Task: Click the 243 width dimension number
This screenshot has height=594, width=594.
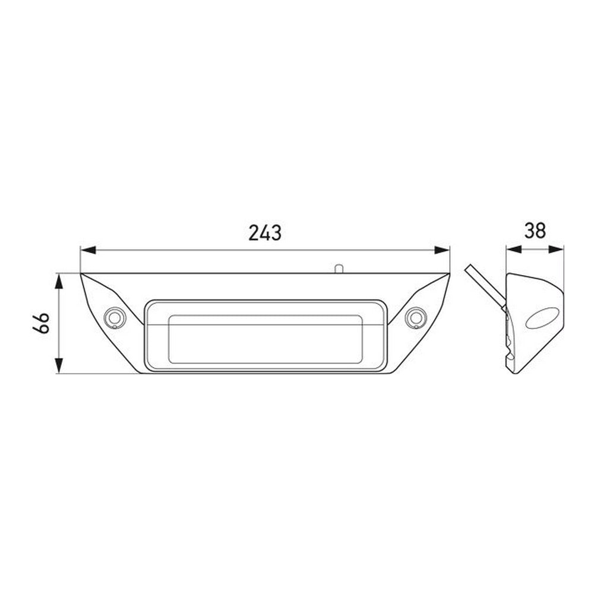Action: (x=265, y=233)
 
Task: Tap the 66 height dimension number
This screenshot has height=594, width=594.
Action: (x=42, y=323)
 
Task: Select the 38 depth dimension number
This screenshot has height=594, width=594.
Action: (x=535, y=230)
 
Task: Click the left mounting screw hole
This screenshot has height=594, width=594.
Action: (x=114, y=317)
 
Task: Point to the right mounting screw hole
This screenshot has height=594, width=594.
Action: (x=415, y=317)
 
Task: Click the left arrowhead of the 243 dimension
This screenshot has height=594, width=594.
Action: (x=88, y=250)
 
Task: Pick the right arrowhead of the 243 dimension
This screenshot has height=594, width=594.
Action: (x=442, y=250)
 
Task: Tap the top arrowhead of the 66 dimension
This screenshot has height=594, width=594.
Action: (x=58, y=282)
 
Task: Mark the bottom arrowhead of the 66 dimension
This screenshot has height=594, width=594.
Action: (x=58, y=365)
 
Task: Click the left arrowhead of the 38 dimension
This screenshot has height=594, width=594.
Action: (x=514, y=249)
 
